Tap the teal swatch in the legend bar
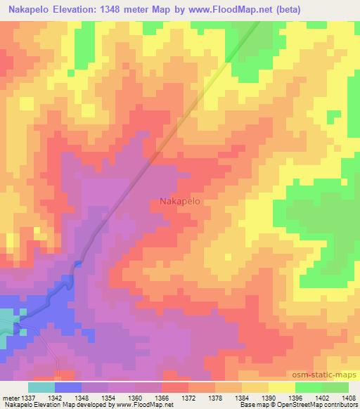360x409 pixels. [41, 387]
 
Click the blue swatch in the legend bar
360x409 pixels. [68, 387]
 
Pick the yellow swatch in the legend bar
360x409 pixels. [282, 387]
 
